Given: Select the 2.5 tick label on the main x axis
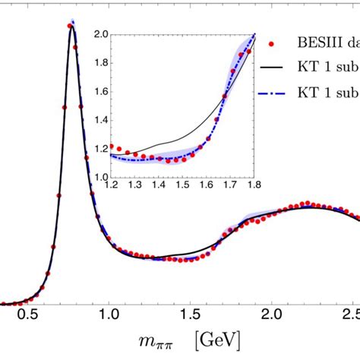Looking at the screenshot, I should [x=351, y=314].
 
